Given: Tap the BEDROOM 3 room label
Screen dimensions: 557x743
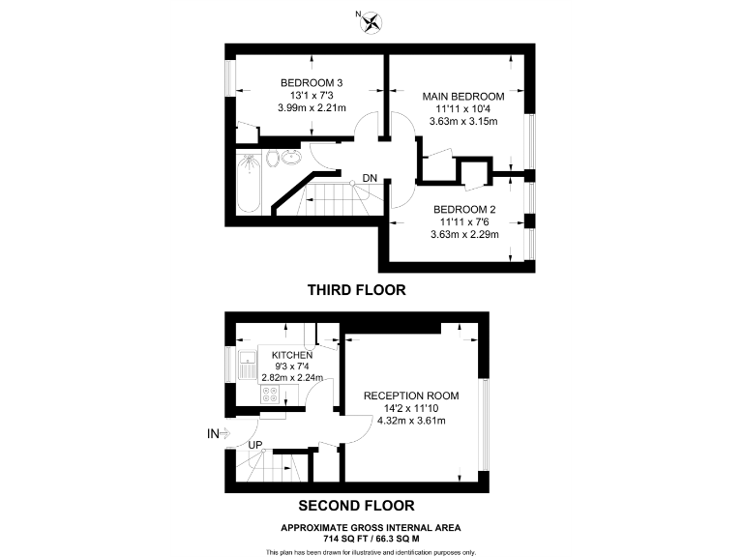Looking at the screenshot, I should pyautogui.click(x=312, y=81).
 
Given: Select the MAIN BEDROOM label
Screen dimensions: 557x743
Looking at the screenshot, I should pyautogui.click(x=463, y=96).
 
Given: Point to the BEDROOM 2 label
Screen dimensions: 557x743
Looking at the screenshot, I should pyautogui.click(x=463, y=210).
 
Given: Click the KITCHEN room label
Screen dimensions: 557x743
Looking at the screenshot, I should pyautogui.click(x=291, y=355).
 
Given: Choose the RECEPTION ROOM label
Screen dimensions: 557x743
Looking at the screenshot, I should pyautogui.click(x=410, y=396).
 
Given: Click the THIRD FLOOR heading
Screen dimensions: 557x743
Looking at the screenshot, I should pyautogui.click(x=356, y=289).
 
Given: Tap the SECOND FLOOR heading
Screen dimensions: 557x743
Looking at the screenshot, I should pyautogui.click(x=356, y=505).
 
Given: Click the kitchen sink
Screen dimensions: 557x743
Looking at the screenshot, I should pyautogui.click(x=246, y=366).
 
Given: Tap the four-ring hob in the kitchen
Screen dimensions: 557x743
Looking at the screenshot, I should pyautogui.click(x=270, y=396).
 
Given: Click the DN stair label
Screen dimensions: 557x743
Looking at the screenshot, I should pyautogui.click(x=370, y=178).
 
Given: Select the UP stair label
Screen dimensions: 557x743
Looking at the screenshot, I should pyautogui.click(x=256, y=445).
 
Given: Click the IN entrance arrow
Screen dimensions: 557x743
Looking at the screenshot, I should pyautogui.click(x=218, y=433).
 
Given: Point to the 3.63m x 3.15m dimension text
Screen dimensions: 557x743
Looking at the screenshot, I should pyautogui.click(x=463, y=121).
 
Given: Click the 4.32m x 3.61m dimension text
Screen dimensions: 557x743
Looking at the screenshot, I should pyautogui.click(x=410, y=421).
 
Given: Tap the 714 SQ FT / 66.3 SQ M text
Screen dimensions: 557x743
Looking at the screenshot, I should pyautogui.click(x=371, y=538).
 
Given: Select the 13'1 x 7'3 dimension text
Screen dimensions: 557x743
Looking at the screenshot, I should pyautogui.click(x=312, y=95).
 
